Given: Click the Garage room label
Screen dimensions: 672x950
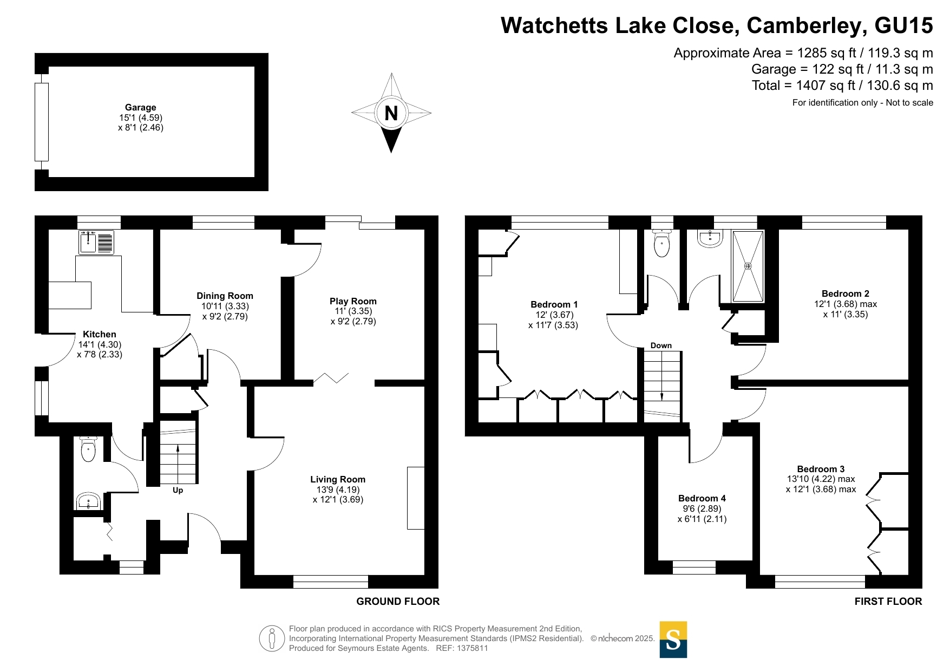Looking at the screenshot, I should (x=140, y=107).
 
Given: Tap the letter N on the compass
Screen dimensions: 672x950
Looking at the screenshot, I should (x=391, y=113).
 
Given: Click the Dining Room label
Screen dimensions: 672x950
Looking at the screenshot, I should (x=225, y=296).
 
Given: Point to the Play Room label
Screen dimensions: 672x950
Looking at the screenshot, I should (x=353, y=301).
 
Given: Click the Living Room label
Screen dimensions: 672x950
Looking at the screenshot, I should (x=338, y=479).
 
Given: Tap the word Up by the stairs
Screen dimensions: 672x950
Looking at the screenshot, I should (x=178, y=490).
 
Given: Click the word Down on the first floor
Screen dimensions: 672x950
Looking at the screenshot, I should (x=661, y=345).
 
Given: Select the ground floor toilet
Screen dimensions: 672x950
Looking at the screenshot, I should (x=88, y=449).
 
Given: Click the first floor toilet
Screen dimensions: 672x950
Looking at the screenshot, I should (x=661, y=244).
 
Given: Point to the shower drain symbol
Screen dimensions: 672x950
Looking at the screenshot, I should (x=748, y=266).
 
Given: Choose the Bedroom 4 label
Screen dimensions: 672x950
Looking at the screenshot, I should (x=702, y=498).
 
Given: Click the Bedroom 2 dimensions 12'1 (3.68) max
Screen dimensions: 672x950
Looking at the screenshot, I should (x=846, y=304).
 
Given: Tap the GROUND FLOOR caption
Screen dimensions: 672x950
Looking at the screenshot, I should (x=398, y=601).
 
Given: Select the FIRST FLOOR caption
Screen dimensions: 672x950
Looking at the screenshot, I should (x=888, y=601).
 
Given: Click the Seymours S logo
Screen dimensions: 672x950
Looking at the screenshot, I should (x=673, y=640).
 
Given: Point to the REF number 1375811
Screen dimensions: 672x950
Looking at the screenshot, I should (x=473, y=648).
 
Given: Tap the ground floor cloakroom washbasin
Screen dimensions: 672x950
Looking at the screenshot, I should (x=88, y=501).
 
